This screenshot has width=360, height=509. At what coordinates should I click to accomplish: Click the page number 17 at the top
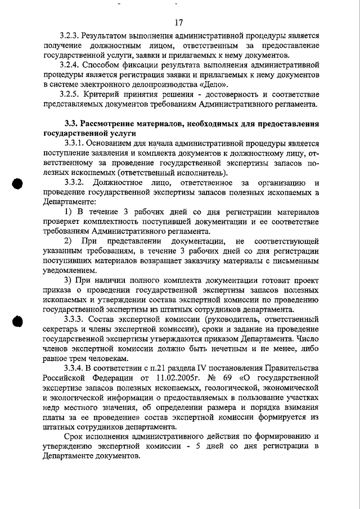click(179, 22)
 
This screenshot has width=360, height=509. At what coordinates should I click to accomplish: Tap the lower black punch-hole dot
click(17, 321)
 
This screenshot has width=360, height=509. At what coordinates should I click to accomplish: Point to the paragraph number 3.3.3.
click(75, 319)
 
